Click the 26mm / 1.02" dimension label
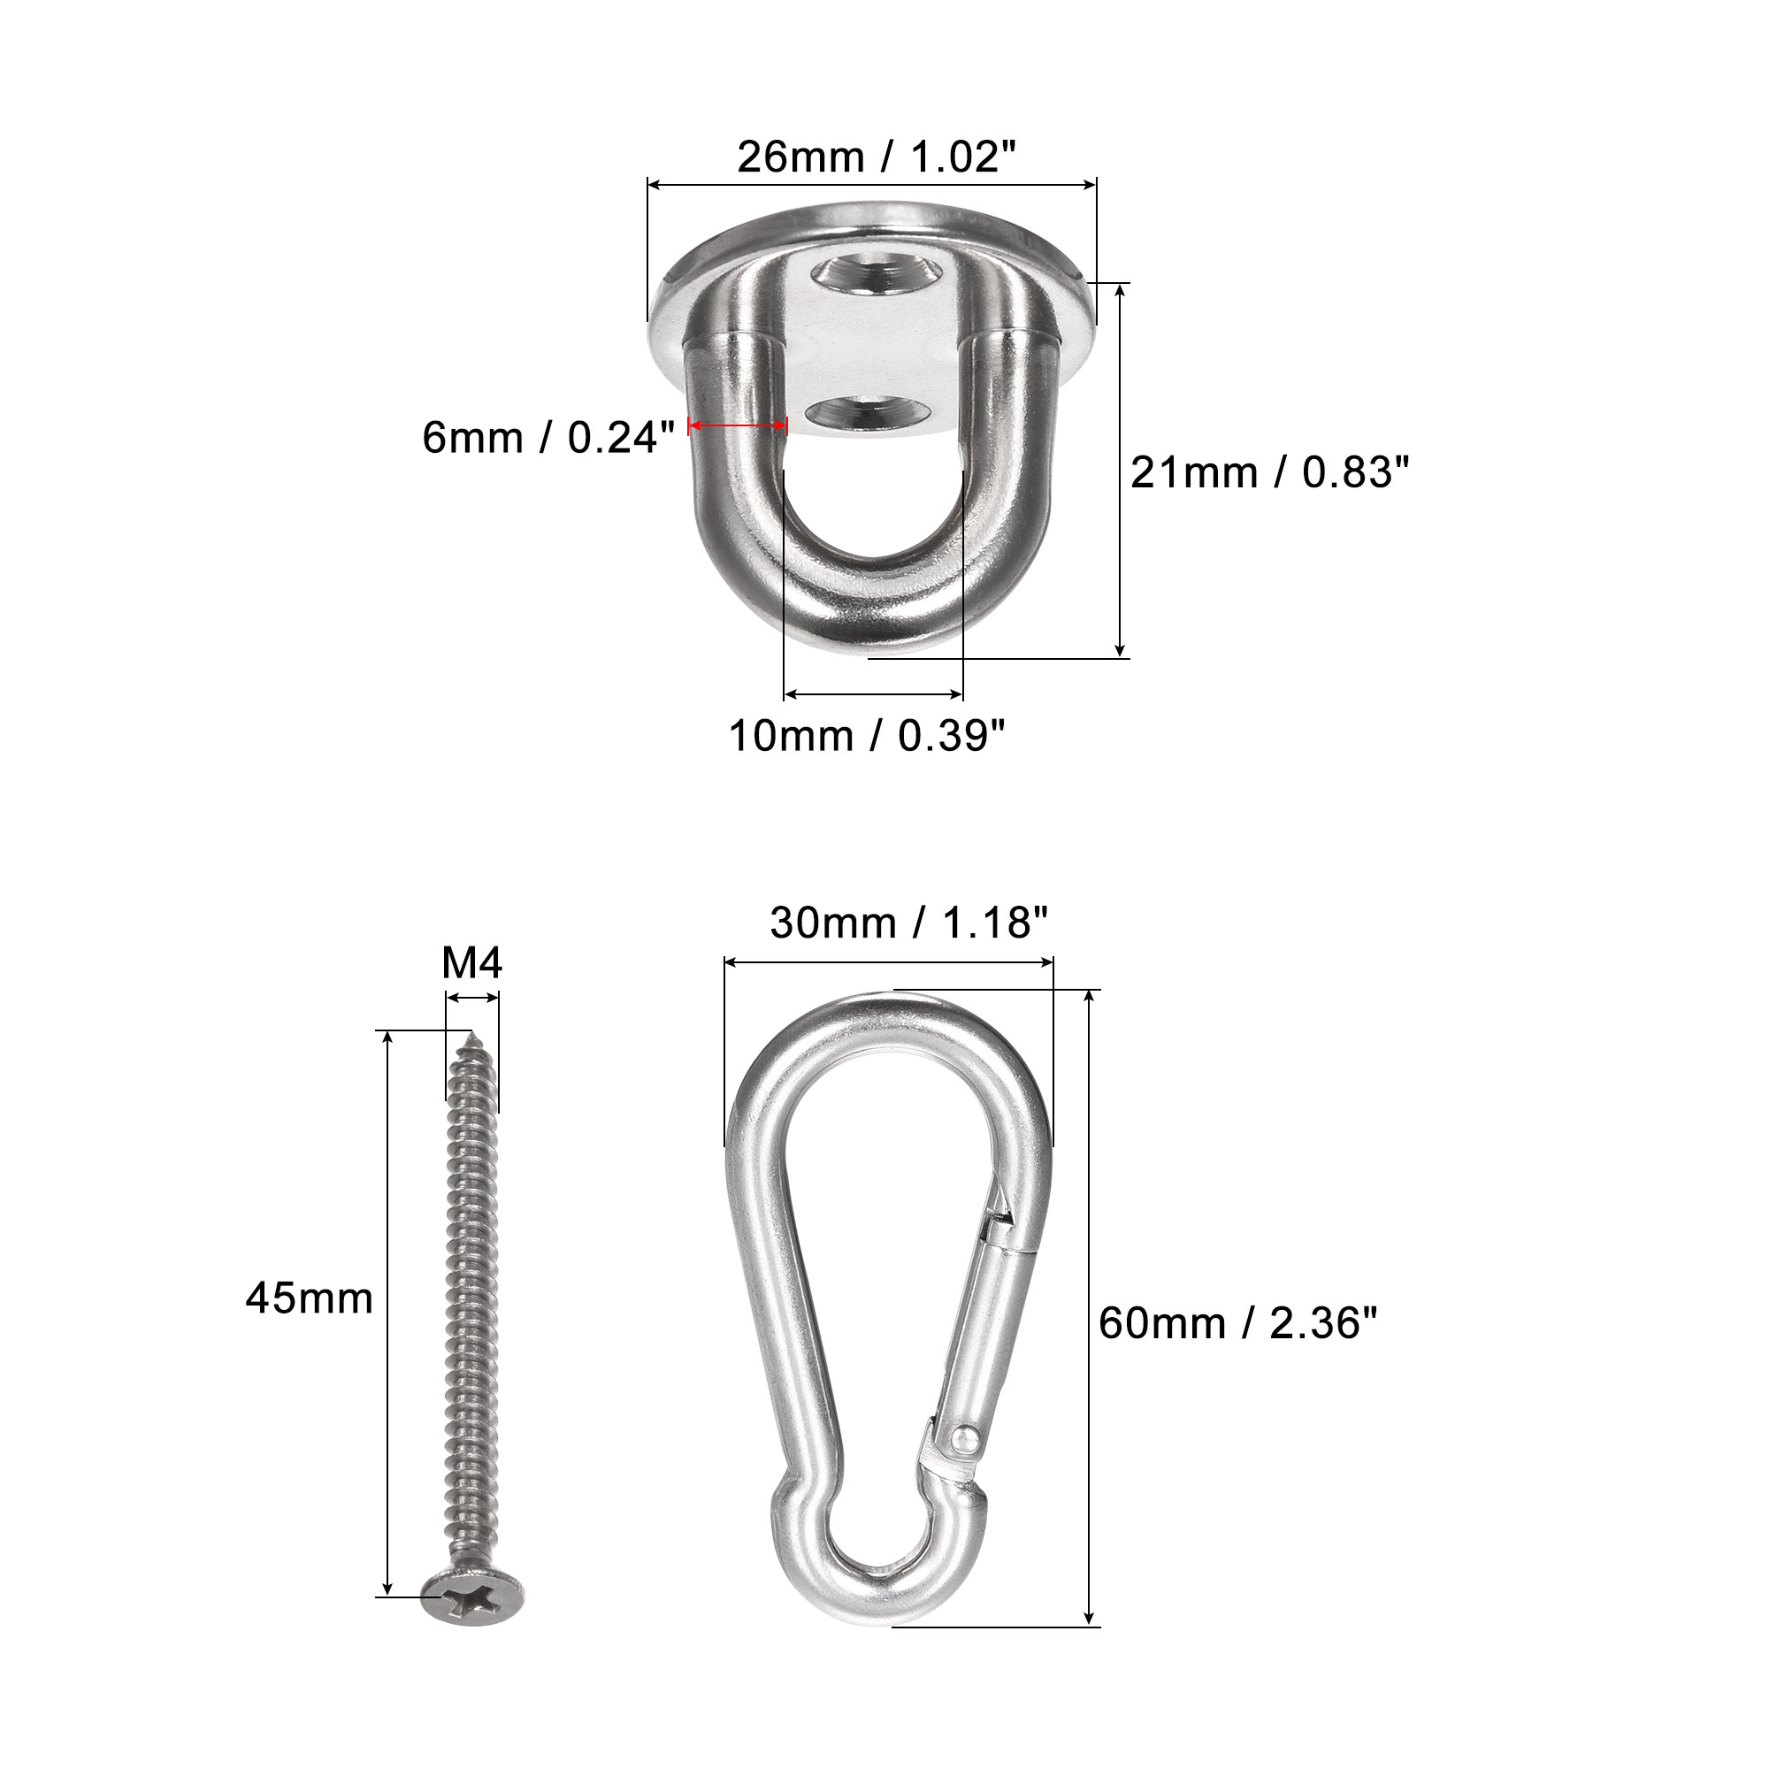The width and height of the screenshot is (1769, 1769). coord(877,157)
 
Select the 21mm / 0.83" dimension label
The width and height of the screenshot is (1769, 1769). coord(1270,472)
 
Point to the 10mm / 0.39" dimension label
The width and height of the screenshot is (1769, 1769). coord(867,735)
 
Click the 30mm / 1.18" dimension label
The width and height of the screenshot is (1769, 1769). coord(908,922)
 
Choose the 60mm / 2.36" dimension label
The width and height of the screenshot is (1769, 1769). coord(1238,1323)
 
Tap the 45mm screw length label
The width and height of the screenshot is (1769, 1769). coord(310,1298)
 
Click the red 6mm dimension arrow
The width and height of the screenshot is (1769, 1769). coord(737,425)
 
